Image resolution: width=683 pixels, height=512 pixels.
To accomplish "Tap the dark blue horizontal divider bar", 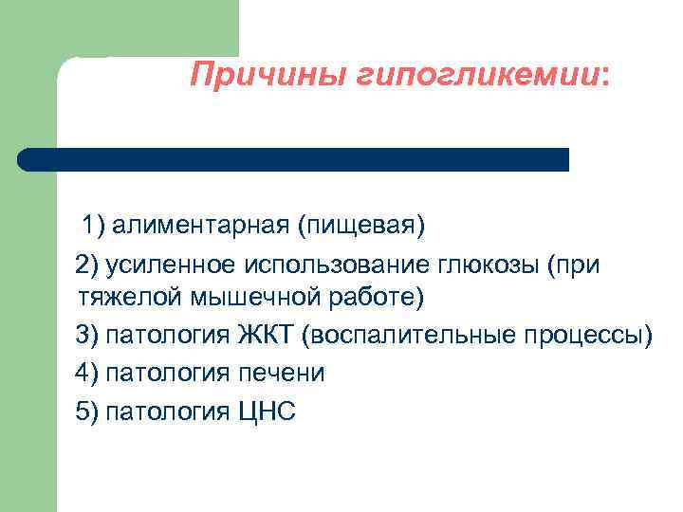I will pos(294,159).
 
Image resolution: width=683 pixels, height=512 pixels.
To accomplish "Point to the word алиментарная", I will pos(199,227).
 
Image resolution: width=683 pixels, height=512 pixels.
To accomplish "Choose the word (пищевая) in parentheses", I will pos(360,227).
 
